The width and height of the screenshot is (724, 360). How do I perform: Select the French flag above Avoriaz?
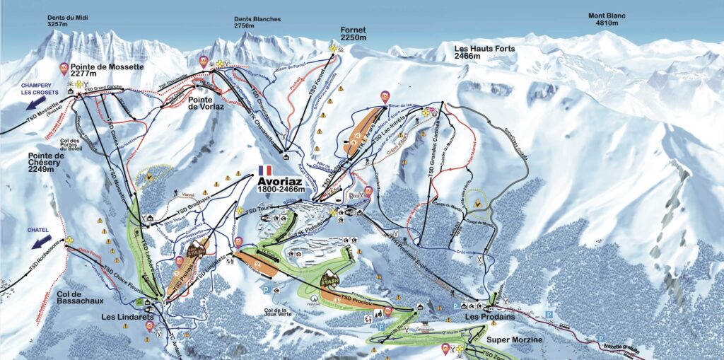click(x=266, y=170)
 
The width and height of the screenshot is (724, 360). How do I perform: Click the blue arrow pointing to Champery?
click(x=30, y=105)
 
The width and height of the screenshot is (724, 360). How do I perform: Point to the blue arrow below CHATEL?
click(x=42, y=242)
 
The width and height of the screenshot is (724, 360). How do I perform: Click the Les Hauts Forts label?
click(x=485, y=52)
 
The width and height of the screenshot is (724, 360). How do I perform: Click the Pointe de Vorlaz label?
click(x=206, y=104)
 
